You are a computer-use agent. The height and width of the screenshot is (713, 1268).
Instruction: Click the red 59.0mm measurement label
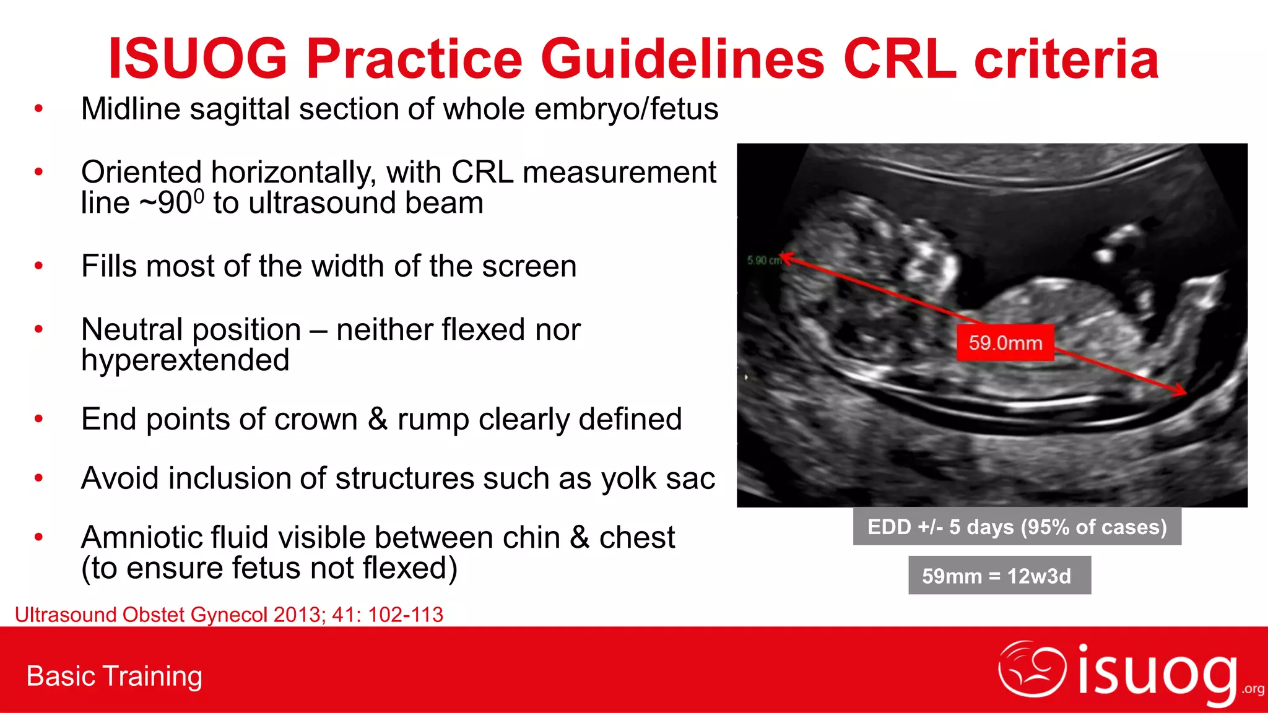(1005, 342)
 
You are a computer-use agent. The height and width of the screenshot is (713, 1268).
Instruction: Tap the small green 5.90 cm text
(763, 261)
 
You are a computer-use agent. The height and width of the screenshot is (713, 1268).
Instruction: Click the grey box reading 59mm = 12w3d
(999, 576)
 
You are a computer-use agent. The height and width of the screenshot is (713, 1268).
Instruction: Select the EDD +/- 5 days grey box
(1017, 527)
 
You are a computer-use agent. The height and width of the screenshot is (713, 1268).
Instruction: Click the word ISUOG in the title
(198, 59)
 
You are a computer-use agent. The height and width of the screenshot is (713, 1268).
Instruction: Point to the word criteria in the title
(1066, 59)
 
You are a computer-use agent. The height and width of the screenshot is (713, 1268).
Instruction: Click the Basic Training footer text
(115, 676)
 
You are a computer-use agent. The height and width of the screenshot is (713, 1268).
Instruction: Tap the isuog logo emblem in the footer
(1031, 670)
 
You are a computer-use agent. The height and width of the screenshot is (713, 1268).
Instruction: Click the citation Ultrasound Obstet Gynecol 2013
(228, 615)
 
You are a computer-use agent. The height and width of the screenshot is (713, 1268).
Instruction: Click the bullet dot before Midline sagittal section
(39, 109)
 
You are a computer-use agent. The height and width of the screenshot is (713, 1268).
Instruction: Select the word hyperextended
(185, 360)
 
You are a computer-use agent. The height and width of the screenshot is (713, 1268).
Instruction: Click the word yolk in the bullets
(630, 478)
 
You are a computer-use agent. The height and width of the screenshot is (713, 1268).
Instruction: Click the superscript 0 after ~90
(198, 196)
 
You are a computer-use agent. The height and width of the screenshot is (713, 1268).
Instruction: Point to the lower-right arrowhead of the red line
(1181, 391)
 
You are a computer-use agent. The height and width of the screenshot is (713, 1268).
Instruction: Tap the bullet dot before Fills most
(39, 266)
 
